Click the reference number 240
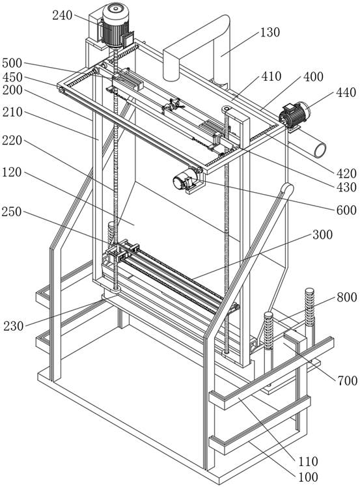point(62,15)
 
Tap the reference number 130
point(270,32)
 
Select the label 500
point(12,63)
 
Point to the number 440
point(346,92)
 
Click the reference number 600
point(346,210)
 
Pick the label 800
point(346,298)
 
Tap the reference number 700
point(348,380)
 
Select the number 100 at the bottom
point(308,477)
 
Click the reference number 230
point(14,326)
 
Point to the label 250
point(12,212)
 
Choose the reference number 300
point(322,234)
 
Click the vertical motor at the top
point(115,25)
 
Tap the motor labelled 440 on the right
point(294,115)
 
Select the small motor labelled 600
point(185,181)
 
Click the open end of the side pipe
point(320,150)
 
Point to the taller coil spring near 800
point(310,307)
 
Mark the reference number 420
point(346,173)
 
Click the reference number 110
point(308,461)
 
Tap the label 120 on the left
point(12,172)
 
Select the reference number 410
point(271,76)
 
